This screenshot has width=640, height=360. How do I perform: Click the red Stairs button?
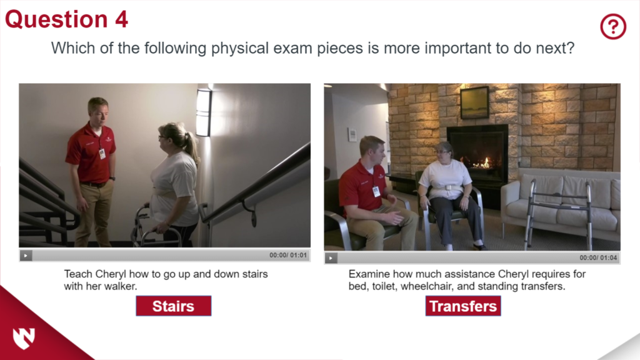point(173,306)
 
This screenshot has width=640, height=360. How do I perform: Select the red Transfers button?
point(463,306)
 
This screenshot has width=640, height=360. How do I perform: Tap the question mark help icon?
point(613,26)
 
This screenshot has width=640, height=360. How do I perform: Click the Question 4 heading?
point(66,19)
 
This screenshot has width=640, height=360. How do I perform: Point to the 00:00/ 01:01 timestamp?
point(288,255)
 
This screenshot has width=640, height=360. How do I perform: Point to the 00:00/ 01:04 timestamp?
point(598,257)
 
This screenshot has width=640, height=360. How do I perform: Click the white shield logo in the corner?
point(23,337)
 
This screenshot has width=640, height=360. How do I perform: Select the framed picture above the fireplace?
point(475,102)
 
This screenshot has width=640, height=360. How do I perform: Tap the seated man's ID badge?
point(376,191)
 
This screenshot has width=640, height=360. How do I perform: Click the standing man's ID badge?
point(102,152)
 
